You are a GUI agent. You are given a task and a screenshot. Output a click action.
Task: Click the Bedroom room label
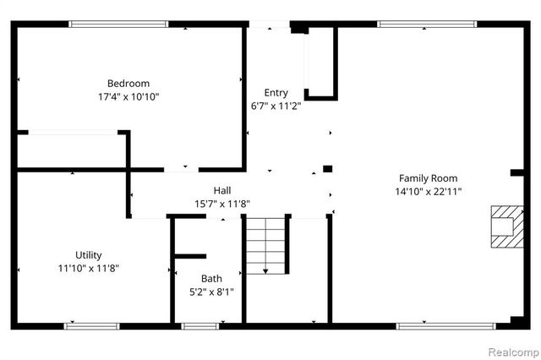[128, 83]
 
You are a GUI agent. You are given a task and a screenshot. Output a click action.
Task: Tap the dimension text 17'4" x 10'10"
[128, 96]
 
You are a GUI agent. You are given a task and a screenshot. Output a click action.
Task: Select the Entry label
[276, 93]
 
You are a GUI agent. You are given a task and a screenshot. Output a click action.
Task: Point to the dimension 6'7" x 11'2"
[276, 106]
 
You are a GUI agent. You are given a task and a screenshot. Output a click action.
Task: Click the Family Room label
[429, 178]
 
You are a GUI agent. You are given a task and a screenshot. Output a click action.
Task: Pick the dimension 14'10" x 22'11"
[429, 192]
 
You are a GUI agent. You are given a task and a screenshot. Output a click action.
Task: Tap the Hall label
[222, 190]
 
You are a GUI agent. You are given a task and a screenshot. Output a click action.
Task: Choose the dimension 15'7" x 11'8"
[222, 204]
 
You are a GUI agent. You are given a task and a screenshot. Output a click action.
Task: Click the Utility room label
[89, 255]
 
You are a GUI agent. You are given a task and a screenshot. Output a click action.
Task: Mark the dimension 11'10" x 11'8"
[89, 269]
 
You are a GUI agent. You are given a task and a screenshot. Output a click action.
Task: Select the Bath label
[211, 278]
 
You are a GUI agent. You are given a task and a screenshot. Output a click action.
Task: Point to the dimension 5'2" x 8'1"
[211, 292]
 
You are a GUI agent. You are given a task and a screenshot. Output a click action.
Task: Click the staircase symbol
[266, 244]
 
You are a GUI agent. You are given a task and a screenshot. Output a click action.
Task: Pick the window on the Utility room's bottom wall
[92, 325]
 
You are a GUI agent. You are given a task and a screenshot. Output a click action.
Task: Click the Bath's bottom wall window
[199, 325]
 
